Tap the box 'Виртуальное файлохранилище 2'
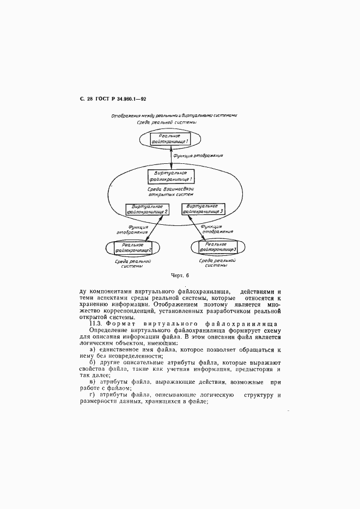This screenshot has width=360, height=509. (x=147, y=209)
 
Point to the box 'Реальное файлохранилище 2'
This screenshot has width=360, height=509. (x=132, y=248)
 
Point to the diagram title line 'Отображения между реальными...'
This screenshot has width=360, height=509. (x=174, y=115)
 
